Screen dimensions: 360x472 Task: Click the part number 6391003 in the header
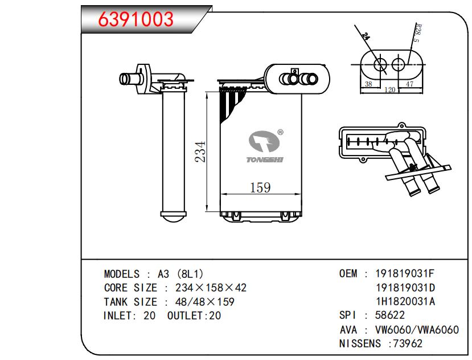tap(136, 19)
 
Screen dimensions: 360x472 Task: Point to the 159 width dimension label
tap(260, 186)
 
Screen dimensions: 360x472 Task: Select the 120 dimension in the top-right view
tap(389, 90)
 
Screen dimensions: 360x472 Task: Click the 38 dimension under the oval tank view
tap(368, 84)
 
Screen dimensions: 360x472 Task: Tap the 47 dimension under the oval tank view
tap(409, 84)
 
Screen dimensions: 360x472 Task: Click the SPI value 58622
tap(390, 316)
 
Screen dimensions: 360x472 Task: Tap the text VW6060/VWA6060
tap(416, 330)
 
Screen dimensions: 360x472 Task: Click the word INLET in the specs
tap(119, 316)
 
